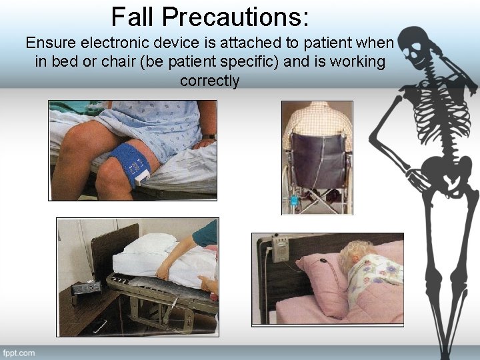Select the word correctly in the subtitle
click(x=209, y=81)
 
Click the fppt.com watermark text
click(x=19, y=352)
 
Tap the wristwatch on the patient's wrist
click(x=209, y=137)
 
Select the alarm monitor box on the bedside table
click(x=87, y=289)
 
